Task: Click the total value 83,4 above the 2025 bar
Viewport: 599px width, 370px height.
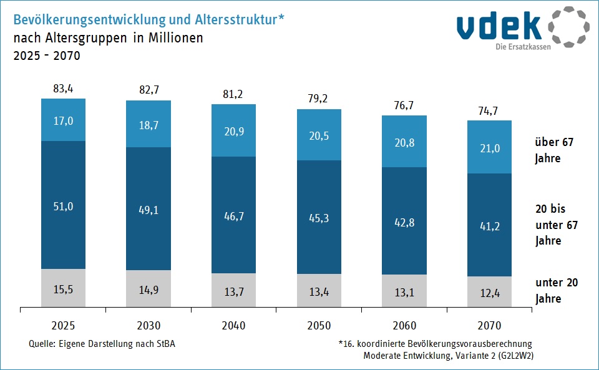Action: pyautogui.click(x=63, y=89)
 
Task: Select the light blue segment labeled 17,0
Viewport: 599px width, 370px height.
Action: pyautogui.click(x=63, y=120)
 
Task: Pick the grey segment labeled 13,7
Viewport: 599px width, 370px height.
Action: pyautogui.click(x=233, y=290)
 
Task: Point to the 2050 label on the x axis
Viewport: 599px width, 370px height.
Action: pyautogui.click(x=318, y=325)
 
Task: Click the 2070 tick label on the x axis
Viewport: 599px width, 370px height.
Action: pyautogui.click(x=489, y=325)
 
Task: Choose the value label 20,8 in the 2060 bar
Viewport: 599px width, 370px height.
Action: pyautogui.click(x=404, y=142)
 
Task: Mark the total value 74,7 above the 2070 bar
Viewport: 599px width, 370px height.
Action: pyautogui.click(x=489, y=110)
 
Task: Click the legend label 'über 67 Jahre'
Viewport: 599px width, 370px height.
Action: pyautogui.click(x=553, y=150)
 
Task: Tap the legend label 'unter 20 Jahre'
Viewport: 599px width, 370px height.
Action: pyautogui.click(x=557, y=291)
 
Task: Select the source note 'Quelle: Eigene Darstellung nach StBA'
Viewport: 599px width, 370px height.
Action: pyautogui.click(x=102, y=344)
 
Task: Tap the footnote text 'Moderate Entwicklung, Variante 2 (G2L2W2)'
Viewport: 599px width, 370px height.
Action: pyautogui.click(x=447, y=356)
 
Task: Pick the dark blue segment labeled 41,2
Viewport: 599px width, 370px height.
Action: pyautogui.click(x=489, y=224)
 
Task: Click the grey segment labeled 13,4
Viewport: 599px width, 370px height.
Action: pyautogui.click(x=318, y=291)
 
